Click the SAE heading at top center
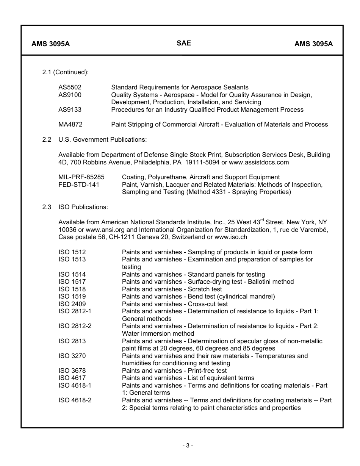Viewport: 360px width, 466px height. pos(183,43)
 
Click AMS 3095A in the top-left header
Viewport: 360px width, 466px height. pos(50,44)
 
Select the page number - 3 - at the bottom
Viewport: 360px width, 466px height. pos(187,446)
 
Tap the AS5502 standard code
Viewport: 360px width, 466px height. pos(70,88)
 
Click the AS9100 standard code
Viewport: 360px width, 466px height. pos(70,95)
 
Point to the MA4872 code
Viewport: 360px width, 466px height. pos(70,125)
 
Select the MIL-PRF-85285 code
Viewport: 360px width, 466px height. pos(81,177)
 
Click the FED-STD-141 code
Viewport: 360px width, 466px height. pos(78,185)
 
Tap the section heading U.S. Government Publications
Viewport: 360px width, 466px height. pos(102,140)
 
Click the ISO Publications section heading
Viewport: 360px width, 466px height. pos(83,207)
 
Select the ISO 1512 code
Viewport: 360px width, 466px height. pos(72,252)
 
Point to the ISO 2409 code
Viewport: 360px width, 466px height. pos(72,304)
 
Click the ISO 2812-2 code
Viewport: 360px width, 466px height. pos(75,326)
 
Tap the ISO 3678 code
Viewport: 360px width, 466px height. pos(72,371)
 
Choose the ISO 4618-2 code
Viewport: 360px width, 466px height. pos(75,400)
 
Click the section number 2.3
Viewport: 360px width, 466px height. pos(47,207)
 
